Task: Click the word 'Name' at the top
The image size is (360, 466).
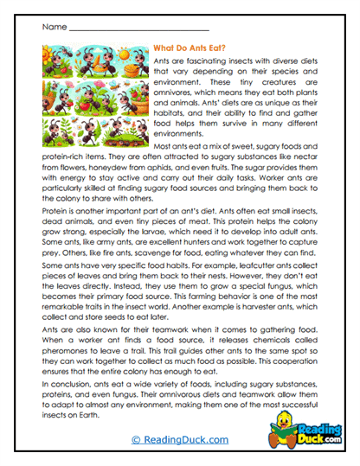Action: (x=54, y=28)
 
